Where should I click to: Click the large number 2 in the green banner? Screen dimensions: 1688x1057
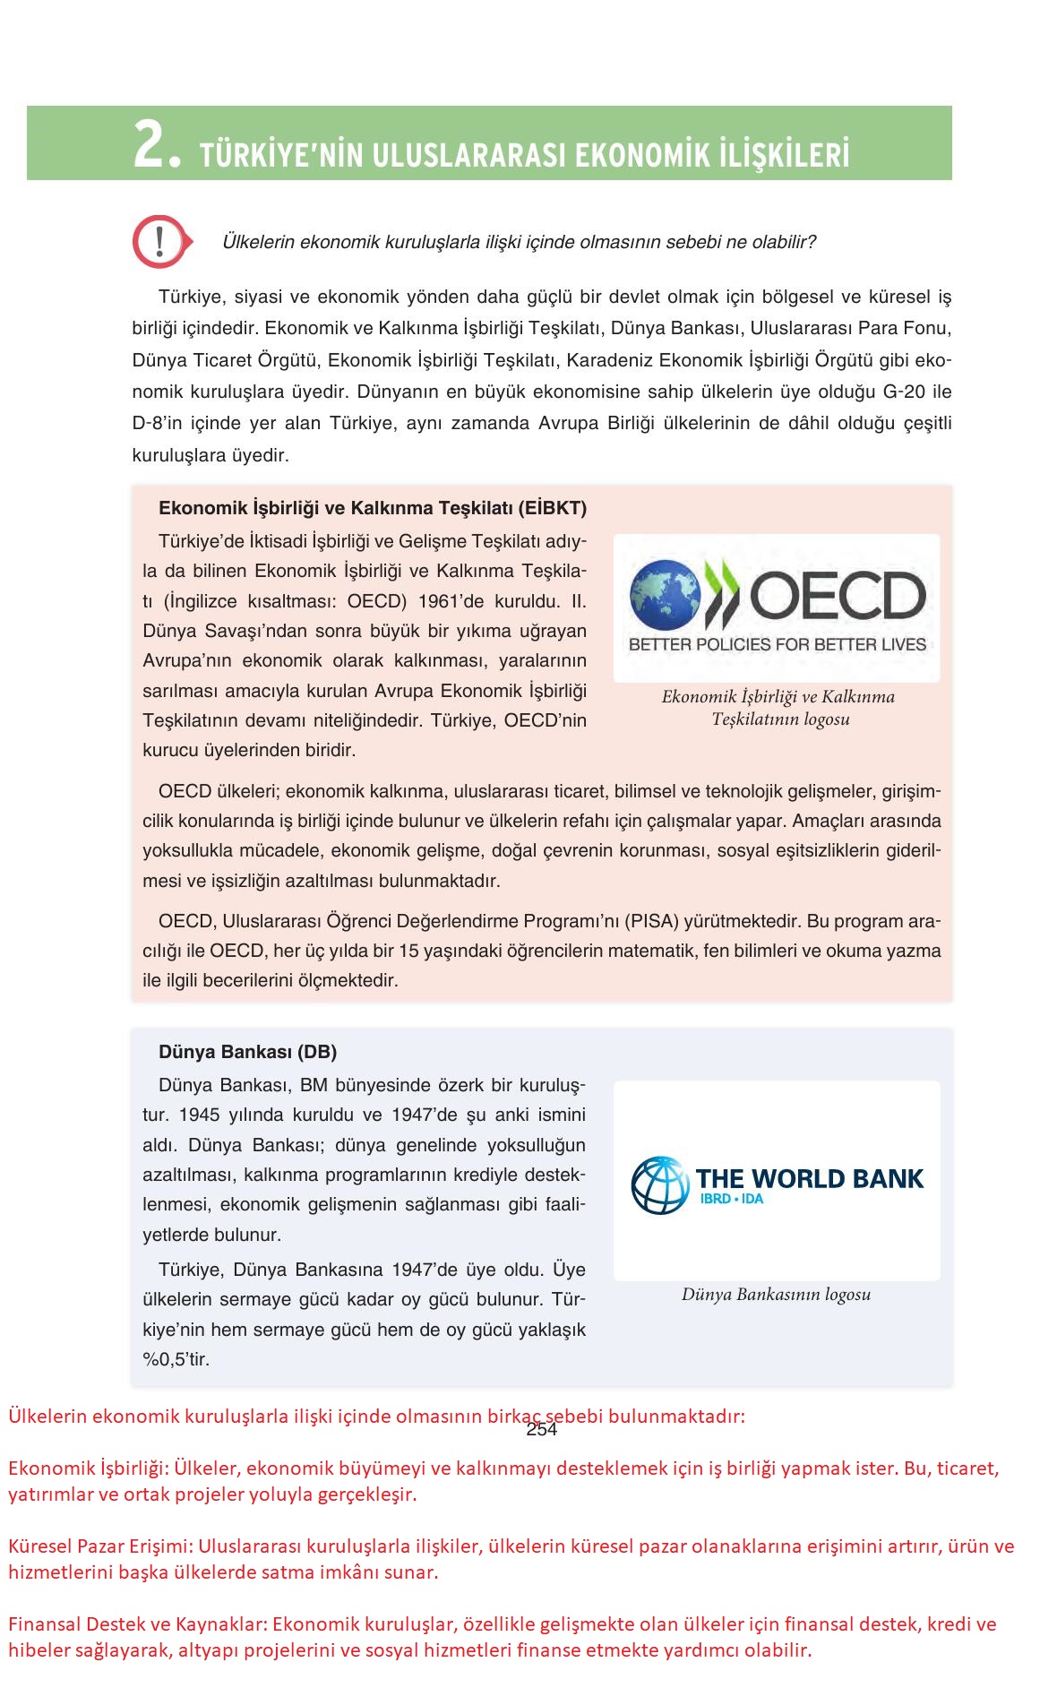click(x=150, y=146)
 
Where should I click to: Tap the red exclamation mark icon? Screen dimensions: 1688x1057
click(x=159, y=241)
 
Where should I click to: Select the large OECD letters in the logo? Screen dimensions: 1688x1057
click(x=838, y=597)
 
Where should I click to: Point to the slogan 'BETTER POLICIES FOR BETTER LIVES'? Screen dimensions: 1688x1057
click(x=777, y=644)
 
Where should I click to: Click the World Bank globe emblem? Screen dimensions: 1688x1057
click(x=660, y=1184)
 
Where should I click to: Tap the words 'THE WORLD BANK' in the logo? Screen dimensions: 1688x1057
click(x=810, y=1178)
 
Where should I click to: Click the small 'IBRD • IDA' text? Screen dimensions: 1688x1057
click(x=732, y=1199)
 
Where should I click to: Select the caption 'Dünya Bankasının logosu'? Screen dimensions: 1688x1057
click(x=776, y=1294)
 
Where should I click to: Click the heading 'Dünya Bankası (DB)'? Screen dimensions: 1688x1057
click(x=247, y=1052)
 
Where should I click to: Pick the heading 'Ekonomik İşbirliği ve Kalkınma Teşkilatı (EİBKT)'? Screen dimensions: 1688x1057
click(x=373, y=508)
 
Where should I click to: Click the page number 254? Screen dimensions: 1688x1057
click(x=542, y=1429)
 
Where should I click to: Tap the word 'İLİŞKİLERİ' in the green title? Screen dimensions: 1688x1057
click(x=784, y=155)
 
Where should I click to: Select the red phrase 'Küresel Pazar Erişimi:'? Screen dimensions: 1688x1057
click(x=100, y=1546)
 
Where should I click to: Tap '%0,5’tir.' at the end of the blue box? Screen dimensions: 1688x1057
click(x=176, y=1359)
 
